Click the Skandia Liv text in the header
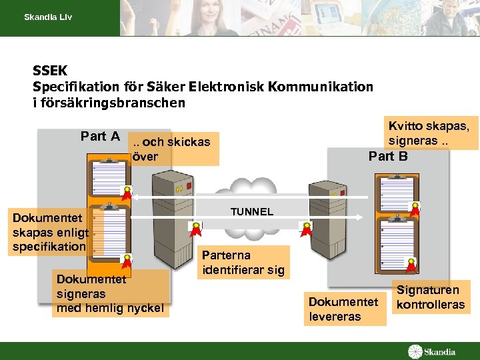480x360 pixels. [48, 17]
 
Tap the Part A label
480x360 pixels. [100, 137]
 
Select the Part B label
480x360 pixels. [388, 156]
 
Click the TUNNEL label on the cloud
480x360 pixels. [251, 211]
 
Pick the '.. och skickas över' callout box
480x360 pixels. [174, 149]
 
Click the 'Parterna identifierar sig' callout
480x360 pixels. [244, 262]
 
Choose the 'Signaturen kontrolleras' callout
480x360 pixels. [430, 297]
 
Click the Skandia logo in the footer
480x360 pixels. [433, 351]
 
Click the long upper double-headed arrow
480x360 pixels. [247, 197]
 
